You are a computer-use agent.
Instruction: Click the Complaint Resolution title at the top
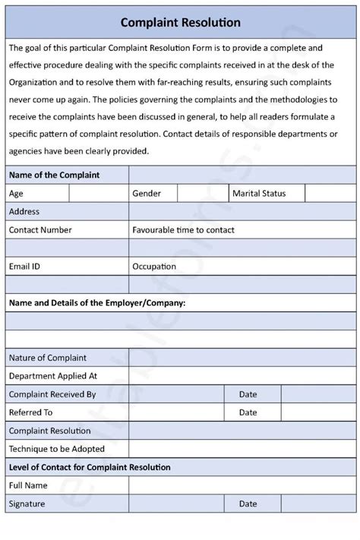pos(180,23)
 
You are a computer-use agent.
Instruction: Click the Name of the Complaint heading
pos(54,175)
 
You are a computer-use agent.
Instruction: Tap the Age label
pos(16,194)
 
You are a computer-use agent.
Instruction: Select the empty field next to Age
pos(99,194)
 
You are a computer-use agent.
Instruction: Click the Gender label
pos(147,194)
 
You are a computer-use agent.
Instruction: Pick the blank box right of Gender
pos(204,194)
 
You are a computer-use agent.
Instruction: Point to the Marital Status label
pos(259,194)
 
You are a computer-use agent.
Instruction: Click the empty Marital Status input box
pos(330,194)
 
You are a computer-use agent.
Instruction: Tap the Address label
pos(24,212)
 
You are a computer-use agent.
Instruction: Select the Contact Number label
pos(40,230)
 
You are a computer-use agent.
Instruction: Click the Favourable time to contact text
pos(183,230)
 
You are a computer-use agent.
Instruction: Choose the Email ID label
pos(24,267)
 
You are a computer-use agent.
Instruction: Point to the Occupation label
pos(154,267)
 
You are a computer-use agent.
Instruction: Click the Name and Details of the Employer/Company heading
pos(97,303)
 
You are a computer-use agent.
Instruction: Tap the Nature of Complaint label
pos(47,358)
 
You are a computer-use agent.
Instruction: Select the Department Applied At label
pos(53,376)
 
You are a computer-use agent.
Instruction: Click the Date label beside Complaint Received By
pos(248,394)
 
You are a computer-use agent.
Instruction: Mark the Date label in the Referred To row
pos(248,412)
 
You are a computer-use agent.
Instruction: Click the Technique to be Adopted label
pos(57,449)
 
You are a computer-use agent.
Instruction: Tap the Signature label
pos(27,504)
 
